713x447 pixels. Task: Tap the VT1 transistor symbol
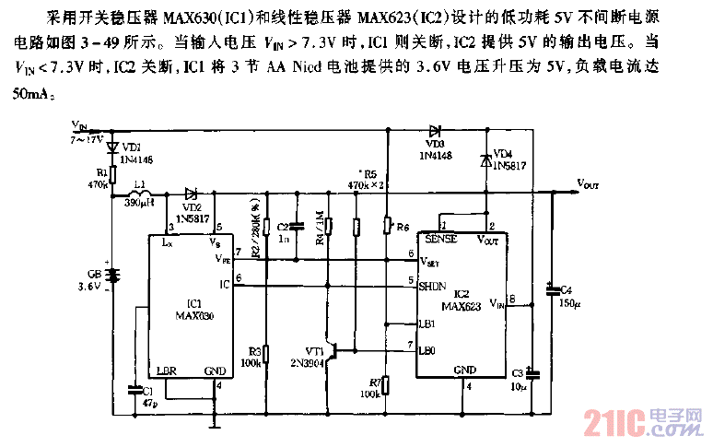336,350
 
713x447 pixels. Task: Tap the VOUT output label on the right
588,184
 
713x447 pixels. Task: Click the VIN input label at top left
79,122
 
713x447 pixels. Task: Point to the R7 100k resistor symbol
387,383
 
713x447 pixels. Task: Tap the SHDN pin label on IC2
433,287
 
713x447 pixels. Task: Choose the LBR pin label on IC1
167,371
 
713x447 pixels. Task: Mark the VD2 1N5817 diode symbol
191,194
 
